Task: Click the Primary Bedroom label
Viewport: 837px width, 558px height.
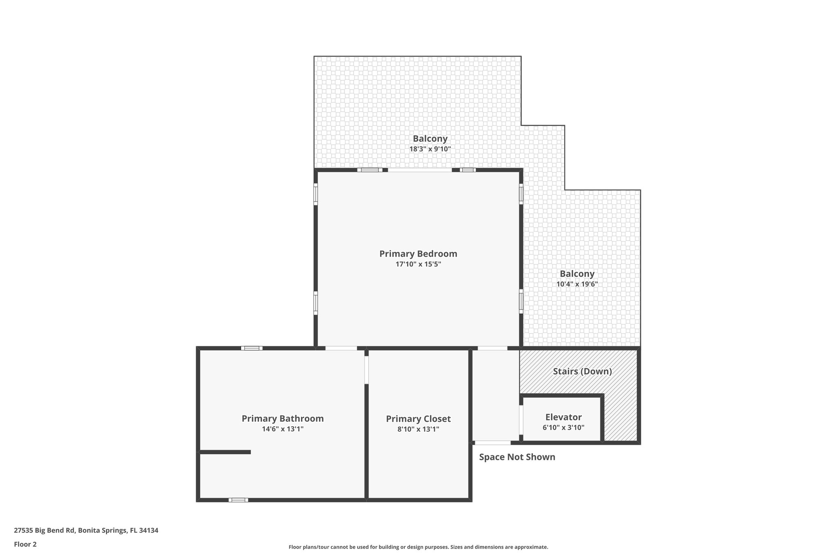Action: coord(418,253)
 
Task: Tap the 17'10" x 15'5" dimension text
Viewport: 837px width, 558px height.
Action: coord(418,264)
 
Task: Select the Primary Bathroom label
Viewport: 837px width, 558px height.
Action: coord(282,419)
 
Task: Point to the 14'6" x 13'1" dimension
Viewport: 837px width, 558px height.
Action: coord(282,429)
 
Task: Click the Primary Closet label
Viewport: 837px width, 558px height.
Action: coord(418,419)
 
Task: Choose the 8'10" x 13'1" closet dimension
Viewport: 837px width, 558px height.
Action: coord(418,429)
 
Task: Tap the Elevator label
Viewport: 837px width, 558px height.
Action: coord(563,417)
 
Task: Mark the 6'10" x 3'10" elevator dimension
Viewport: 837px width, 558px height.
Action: coord(563,428)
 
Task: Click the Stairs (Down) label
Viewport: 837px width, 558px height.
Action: coord(582,371)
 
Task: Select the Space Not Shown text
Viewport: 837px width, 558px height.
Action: coord(517,457)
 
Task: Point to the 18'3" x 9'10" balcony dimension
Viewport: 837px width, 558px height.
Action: coord(430,149)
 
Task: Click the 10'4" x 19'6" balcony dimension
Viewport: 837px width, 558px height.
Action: coord(577,284)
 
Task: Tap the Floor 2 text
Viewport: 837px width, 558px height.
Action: coord(25,544)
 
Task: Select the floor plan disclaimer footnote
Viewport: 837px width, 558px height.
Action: coord(418,547)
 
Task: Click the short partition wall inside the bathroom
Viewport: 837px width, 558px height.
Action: coord(225,452)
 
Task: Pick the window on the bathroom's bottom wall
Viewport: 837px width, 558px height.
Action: coord(238,500)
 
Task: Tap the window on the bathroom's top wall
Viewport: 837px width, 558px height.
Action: coord(251,348)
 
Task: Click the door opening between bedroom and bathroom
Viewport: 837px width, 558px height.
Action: coord(341,348)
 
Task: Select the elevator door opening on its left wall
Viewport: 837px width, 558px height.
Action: coord(521,420)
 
